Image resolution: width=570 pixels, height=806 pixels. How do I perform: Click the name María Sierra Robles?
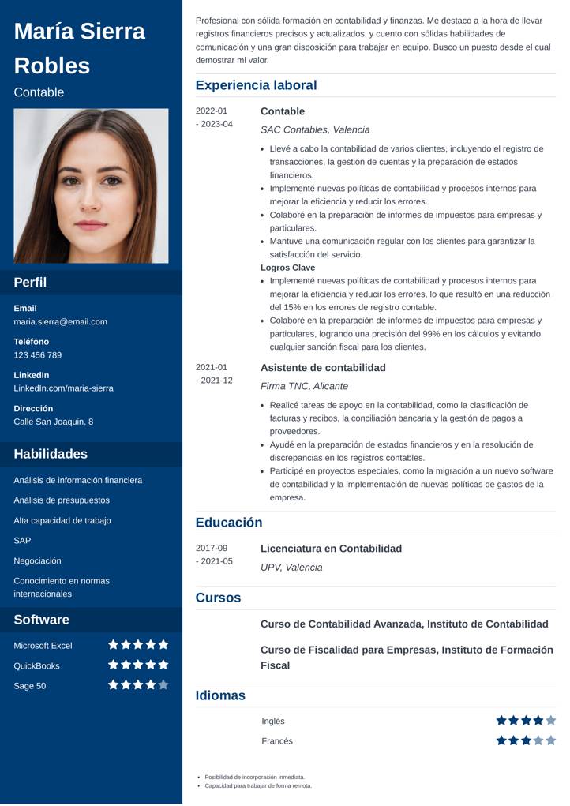click(x=79, y=48)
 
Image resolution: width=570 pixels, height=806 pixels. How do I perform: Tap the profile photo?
click(x=91, y=186)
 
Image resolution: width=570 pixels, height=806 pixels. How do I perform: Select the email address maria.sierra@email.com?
click(x=60, y=322)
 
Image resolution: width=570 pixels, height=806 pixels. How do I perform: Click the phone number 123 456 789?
click(x=37, y=355)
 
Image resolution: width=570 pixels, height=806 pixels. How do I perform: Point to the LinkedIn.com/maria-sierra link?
click(x=63, y=388)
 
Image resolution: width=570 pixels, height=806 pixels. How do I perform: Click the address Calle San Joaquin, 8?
click(x=53, y=422)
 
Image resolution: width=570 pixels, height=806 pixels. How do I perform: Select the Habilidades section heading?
click(x=51, y=454)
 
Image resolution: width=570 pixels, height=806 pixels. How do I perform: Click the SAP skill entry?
click(x=22, y=541)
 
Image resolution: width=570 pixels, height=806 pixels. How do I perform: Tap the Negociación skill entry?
click(x=37, y=560)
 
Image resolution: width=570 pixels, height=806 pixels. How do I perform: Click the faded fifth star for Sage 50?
click(x=163, y=685)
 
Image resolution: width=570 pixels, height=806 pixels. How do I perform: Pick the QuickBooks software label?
click(x=36, y=665)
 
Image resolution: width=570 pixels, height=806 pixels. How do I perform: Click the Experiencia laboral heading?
click(x=256, y=85)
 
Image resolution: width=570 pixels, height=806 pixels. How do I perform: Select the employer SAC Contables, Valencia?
click(x=315, y=130)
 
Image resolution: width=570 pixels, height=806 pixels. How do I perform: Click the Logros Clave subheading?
click(x=287, y=268)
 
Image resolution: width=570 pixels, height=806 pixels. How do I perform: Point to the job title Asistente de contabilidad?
click(x=323, y=368)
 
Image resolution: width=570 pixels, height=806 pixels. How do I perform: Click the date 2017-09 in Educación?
click(x=211, y=549)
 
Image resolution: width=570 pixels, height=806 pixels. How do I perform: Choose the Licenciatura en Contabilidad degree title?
click(x=331, y=549)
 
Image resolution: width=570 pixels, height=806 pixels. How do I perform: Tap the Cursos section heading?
click(x=218, y=598)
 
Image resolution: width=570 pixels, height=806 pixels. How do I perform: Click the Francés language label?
click(x=277, y=741)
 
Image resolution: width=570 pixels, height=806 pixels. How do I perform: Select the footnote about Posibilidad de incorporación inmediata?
click(x=254, y=777)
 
